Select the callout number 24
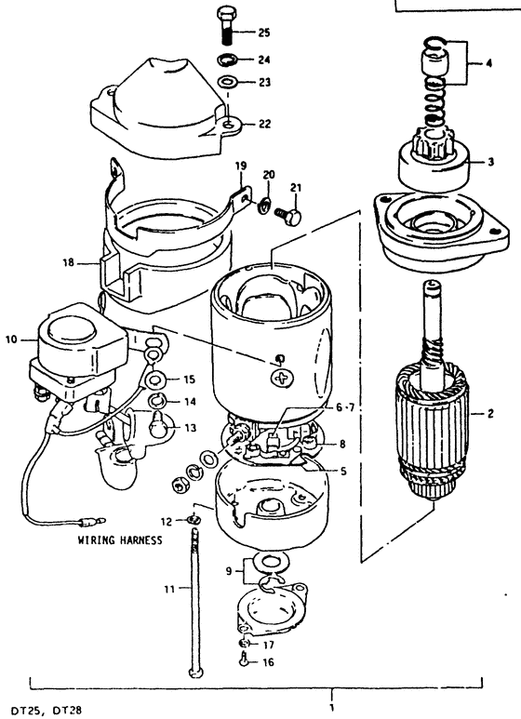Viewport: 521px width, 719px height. click(x=264, y=60)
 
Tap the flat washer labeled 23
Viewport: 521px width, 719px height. click(x=227, y=83)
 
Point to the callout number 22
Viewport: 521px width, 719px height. click(x=264, y=125)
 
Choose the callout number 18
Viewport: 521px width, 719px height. click(x=68, y=263)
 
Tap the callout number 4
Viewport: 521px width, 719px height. click(x=488, y=63)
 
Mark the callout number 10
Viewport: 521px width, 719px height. click(x=11, y=340)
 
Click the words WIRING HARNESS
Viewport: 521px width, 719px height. click(x=120, y=540)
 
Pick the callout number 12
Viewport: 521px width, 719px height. click(x=166, y=522)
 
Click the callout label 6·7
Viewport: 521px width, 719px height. click(x=345, y=407)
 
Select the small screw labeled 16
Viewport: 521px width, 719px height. click(x=243, y=660)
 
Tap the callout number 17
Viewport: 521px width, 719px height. click(x=269, y=645)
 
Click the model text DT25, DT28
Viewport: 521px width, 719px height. click(x=47, y=712)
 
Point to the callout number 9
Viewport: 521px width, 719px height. click(x=228, y=571)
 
